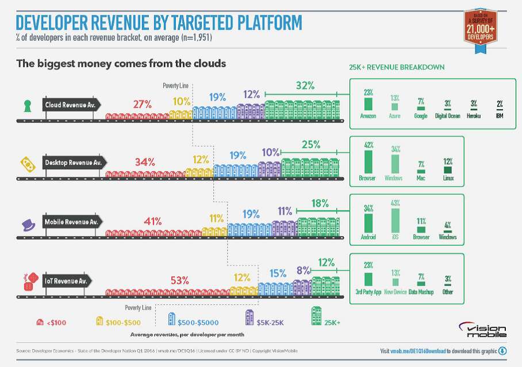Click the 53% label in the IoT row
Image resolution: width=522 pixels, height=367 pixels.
click(x=179, y=280)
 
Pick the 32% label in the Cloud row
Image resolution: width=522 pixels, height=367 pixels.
click(x=305, y=86)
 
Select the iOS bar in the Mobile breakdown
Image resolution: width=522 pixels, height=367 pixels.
click(x=395, y=220)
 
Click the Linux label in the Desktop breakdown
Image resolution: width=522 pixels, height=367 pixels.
click(x=448, y=178)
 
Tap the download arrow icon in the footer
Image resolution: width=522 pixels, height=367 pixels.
click(x=502, y=351)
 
